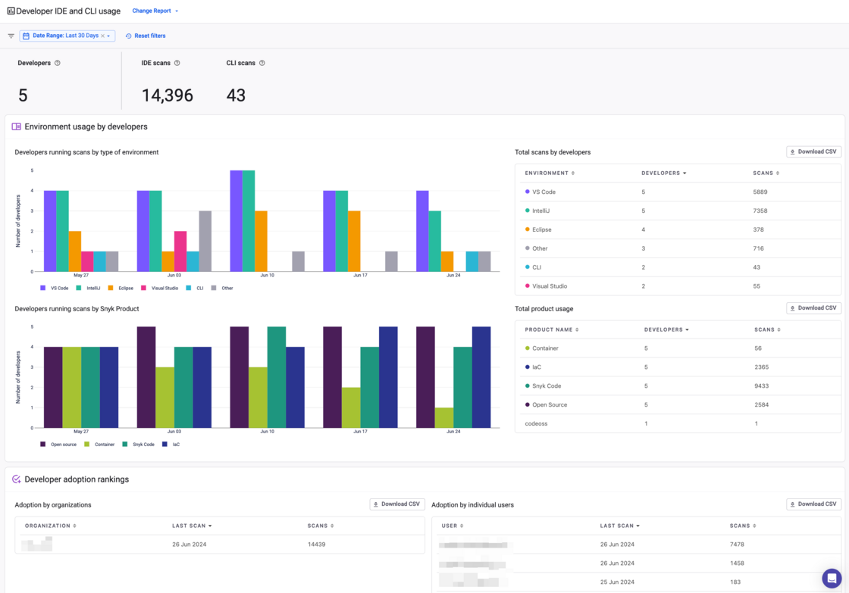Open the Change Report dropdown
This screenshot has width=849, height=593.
point(155,11)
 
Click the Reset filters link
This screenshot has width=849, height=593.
point(146,36)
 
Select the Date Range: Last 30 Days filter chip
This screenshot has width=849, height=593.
point(66,36)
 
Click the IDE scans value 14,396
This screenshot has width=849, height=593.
point(167,95)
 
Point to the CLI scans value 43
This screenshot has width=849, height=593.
point(236,95)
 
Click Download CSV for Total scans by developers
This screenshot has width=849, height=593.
point(813,151)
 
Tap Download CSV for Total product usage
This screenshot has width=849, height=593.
point(813,308)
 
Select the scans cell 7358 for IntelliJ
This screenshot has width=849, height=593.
point(760,211)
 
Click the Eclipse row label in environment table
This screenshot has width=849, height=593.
point(541,229)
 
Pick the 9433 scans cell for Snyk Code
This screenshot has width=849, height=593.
point(761,386)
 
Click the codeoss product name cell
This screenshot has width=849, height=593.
point(536,423)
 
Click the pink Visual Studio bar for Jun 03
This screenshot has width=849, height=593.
point(180,251)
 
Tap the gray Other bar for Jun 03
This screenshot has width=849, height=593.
point(205,241)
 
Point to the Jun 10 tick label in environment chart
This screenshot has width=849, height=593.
point(267,275)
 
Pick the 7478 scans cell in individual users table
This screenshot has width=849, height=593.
point(737,545)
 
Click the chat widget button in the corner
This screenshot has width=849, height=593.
point(832,578)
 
